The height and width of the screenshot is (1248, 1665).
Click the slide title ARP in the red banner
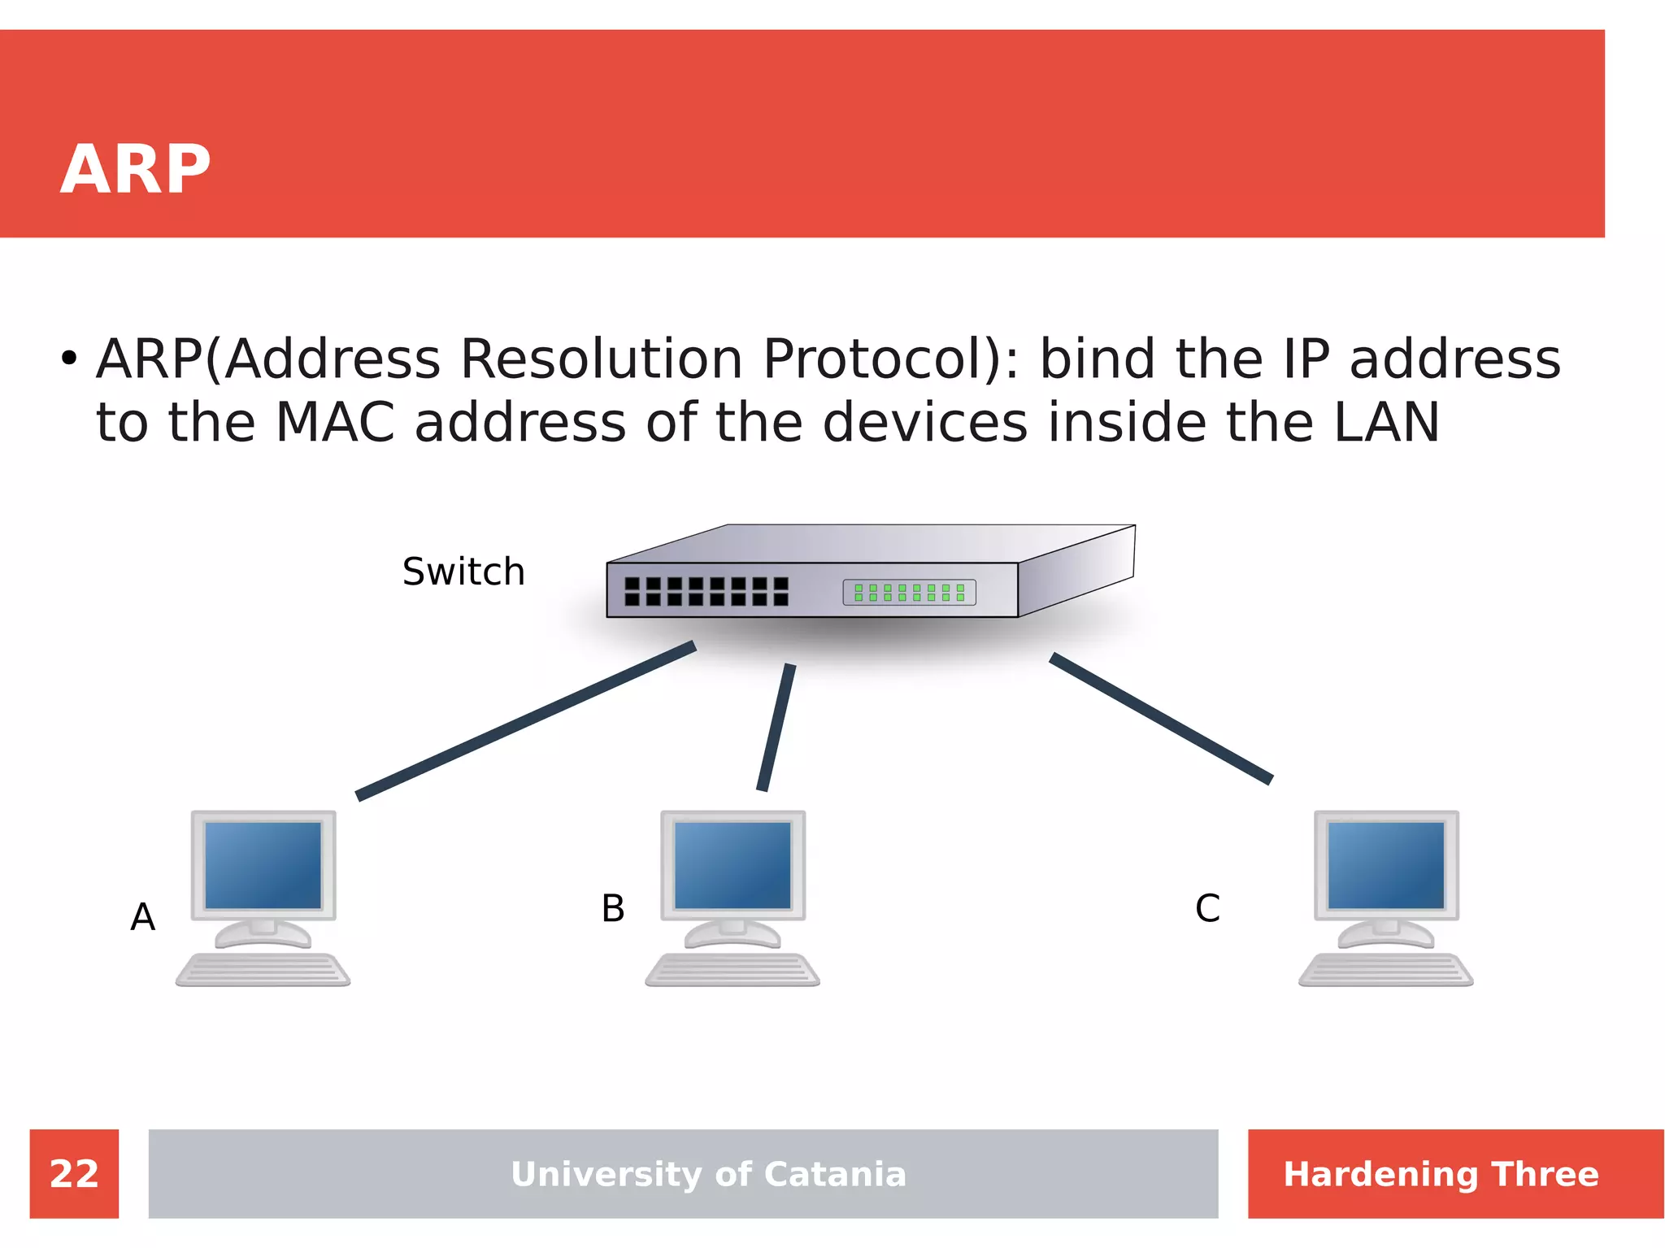pyautogui.click(x=135, y=169)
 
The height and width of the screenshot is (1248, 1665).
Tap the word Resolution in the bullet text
pyautogui.click(x=601, y=359)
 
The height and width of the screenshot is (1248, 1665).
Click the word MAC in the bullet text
pyautogui.click(x=335, y=423)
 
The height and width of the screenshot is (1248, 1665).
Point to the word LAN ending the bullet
pyautogui.click(x=1386, y=423)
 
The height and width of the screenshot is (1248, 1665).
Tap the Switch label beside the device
pyautogui.click(x=463, y=572)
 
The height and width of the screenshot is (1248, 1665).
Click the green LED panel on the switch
pyautogui.click(x=909, y=592)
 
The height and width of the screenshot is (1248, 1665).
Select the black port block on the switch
pyautogui.click(x=706, y=591)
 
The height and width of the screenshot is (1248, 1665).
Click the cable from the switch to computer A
pyautogui.click(x=525, y=720)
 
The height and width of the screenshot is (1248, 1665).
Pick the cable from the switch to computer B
pyautogui.click(x=776, y=727)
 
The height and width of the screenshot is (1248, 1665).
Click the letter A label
pyautogui.click(x=143, y=917)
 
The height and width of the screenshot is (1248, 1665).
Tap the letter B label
pyautogui.click(x=613, y=908)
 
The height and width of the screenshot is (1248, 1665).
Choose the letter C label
pyautogui.click(x=1207, y=908)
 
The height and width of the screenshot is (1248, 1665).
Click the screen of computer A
pyautogui.click(x=263, y=864)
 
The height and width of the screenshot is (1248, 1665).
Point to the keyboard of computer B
pyautogui.click(x=732, y=970)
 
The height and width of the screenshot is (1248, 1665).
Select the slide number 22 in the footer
pyautogui.click(x=74, y=1174)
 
